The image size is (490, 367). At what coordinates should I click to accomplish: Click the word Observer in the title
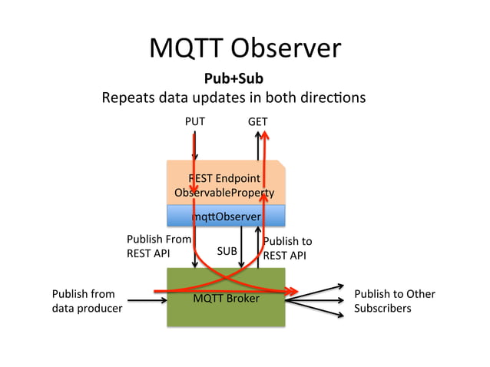286,48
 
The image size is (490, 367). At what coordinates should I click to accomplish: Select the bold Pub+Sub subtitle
233,78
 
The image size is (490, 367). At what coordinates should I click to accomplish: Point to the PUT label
195,121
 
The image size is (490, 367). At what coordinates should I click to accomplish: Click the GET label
258,121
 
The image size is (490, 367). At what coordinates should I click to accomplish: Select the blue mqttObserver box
226,216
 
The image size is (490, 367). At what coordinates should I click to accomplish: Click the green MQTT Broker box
226,297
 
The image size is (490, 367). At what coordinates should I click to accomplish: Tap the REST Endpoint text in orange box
224,178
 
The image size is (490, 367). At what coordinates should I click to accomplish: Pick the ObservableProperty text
224,193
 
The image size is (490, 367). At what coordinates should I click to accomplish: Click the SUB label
227,251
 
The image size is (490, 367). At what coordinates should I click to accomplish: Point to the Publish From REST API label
159,246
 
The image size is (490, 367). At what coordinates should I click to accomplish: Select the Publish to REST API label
287,248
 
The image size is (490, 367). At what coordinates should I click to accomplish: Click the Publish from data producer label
88,301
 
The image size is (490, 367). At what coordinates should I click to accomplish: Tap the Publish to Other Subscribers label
395,301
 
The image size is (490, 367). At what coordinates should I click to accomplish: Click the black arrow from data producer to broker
147,300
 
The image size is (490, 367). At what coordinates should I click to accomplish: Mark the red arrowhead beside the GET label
265,135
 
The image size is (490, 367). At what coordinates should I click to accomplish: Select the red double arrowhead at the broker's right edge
292,292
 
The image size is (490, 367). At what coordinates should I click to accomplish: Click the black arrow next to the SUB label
241,247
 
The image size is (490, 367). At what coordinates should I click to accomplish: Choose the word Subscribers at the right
382,309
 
